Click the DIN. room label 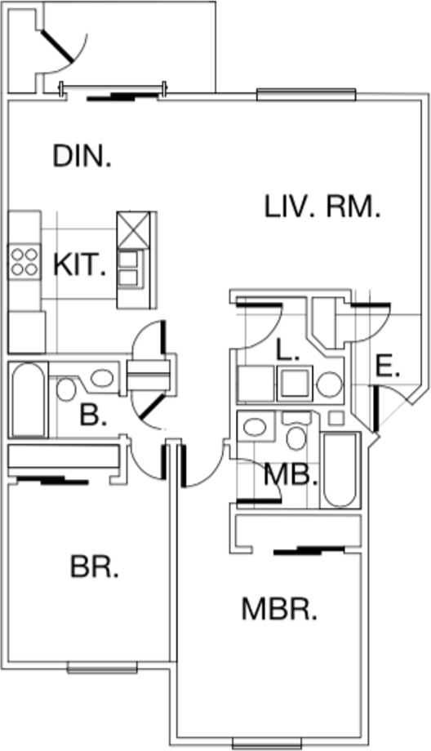[x=82, y=156]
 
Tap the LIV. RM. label [x=322, y=207]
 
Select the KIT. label [x=79, y=264]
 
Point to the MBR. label [x=279, y=609]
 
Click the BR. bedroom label [x=95, y=567]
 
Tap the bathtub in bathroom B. [x=29, y=399]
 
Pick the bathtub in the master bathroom [x=340, y=469]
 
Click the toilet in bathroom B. [x=65, y=389]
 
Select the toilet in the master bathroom [x=296, y=432]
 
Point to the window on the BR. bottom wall [x=102, y=667]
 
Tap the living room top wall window [x=306, y=95]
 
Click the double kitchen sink [x=131, y=269]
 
